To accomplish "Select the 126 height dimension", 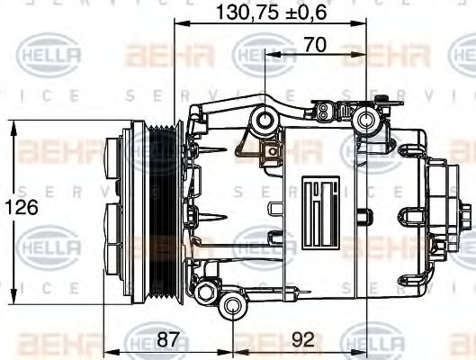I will (x=24, y=206).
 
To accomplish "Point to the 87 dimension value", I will (x=166, y=340).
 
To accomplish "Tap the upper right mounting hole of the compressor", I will (x=366, y=120).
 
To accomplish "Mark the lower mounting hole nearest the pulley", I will (x=206, y=290).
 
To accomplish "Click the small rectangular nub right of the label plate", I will (x=361, y=217).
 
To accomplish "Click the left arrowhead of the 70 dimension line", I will (x=269, y=53).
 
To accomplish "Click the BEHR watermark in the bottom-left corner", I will (x=50, y=344).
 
